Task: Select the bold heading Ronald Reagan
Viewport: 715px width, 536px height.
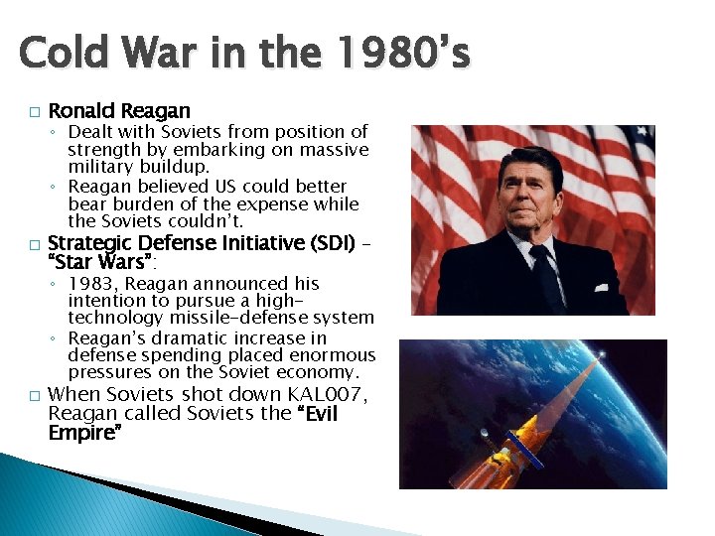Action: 119,110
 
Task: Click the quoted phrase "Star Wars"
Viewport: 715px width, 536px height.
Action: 101,262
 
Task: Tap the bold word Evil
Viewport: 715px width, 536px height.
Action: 317,414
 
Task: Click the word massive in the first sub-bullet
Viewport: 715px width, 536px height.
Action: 333,149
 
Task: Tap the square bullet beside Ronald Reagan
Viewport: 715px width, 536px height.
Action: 33,111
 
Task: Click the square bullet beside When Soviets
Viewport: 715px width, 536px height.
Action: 33,396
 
